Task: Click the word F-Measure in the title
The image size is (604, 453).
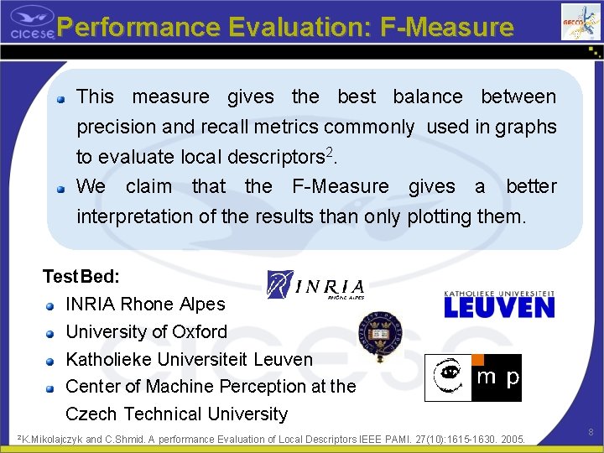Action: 446,28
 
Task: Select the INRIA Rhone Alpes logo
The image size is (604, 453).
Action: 315,285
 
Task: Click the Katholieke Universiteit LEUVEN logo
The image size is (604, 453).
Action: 498,304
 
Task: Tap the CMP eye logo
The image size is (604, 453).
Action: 450,378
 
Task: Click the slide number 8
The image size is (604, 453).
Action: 591,432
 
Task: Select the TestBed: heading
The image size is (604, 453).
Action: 81,276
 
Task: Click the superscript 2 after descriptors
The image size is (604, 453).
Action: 330,153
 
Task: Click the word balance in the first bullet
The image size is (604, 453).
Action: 427,96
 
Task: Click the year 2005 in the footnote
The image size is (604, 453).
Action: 510,439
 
